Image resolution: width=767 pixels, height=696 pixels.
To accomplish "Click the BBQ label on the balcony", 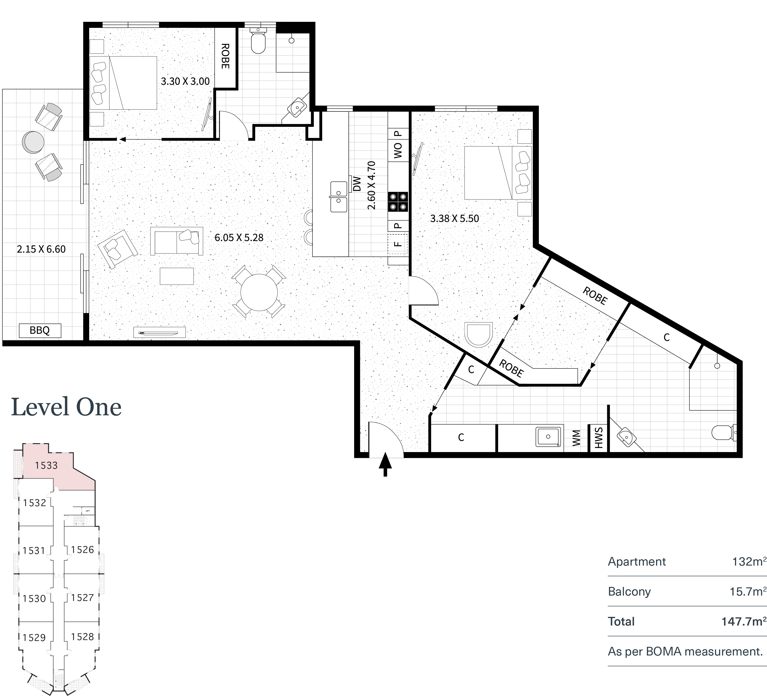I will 40,330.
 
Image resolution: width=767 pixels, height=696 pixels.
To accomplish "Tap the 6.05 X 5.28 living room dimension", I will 239,238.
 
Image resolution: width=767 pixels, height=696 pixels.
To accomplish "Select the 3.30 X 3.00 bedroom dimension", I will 185,81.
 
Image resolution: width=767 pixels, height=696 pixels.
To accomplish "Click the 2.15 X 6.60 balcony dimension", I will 41,249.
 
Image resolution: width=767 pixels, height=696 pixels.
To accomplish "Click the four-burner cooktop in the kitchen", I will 398,202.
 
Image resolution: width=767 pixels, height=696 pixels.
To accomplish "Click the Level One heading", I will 66,407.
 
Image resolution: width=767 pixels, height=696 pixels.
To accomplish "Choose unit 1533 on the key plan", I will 46,465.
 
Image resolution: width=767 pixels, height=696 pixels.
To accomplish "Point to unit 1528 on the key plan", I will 82,637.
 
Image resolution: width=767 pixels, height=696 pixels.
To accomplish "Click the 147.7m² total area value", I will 743,621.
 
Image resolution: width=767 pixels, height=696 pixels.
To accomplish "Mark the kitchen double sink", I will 339,197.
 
